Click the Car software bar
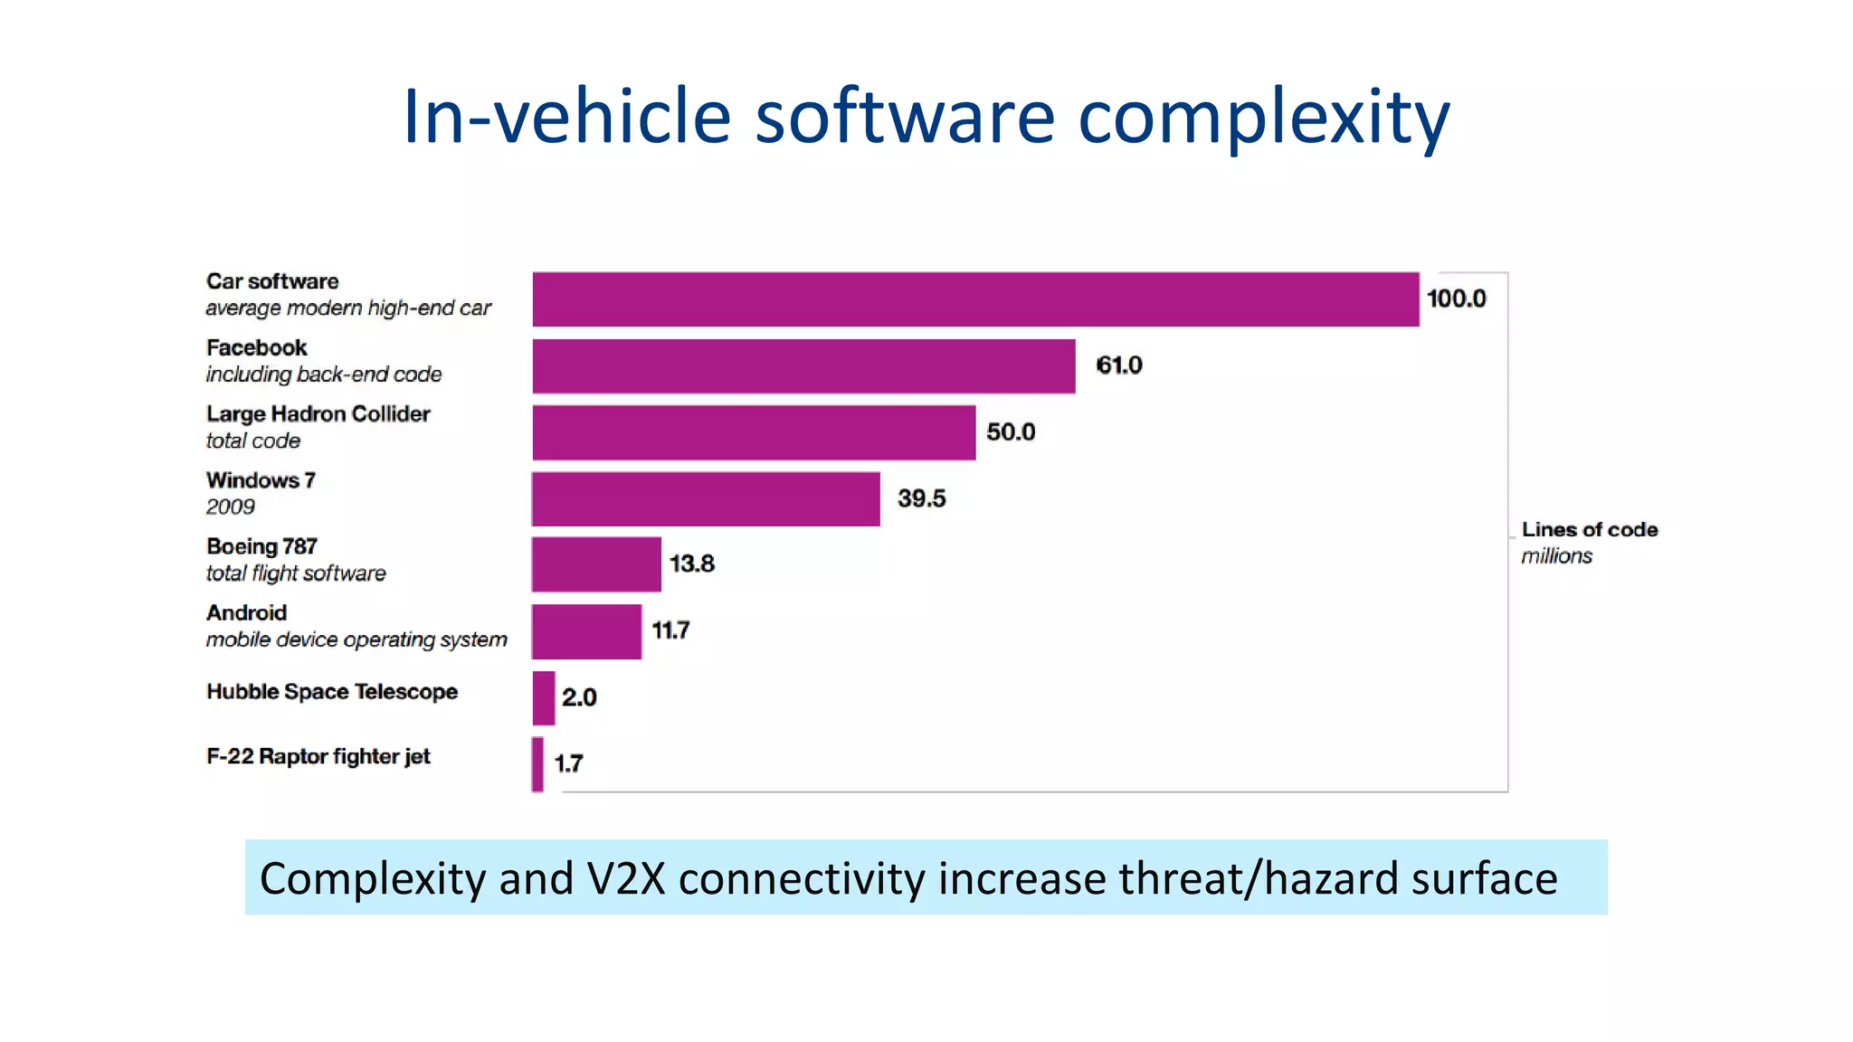pos(975,299)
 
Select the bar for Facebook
pos(803,366)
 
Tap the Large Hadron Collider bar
pos(754,432)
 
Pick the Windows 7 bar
pos(706,498)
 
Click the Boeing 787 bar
pos(596,564)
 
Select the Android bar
pos(586,631)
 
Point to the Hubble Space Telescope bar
pos(544,697)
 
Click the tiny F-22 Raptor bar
pos(538,764)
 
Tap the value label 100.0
pos(1456,298)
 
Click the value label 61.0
pos(1119,365)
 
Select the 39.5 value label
pos(921,498)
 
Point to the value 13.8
pos(691,564)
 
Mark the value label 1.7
pos(568,764)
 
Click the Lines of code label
pos(1589,530)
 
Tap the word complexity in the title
pos(1263,118)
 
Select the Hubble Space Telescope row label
pos(332,692)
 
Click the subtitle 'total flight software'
pos(296,573)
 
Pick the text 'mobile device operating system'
pos(356,639)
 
